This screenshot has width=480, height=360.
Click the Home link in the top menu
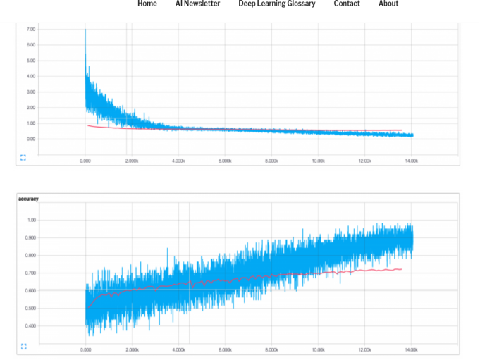coord(147,4)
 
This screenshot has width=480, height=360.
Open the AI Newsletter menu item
coord(197,4)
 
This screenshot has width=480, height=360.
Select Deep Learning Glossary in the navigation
coord(276,4)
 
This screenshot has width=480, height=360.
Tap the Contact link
coord(347,4)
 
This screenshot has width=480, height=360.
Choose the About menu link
coord(388,4)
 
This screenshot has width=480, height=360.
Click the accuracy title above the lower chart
coord(29,199)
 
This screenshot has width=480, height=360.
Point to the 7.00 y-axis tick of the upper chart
coord(31,30)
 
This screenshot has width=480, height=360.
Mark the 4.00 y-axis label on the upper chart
coord(31,76)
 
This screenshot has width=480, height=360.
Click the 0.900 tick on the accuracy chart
coord(30,237)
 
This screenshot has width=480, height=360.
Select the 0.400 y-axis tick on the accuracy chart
coord(30,325)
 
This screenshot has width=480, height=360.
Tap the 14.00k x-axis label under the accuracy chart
coord(411,349)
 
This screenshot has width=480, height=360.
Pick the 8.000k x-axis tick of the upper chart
coord(271,161)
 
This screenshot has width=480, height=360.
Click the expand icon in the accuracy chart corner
coord(23,346)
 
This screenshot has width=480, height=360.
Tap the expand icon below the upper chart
coord(23,157)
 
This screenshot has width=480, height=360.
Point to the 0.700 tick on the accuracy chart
coord(30,273)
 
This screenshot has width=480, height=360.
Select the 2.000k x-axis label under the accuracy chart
coord(132,349)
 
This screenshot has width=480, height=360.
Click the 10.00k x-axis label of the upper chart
coord(318,161)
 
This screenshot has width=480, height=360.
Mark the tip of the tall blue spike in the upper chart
coord(85,30)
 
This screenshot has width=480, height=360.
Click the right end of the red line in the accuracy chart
coord(401,269)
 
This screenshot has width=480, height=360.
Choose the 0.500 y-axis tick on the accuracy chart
coord(30,308)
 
